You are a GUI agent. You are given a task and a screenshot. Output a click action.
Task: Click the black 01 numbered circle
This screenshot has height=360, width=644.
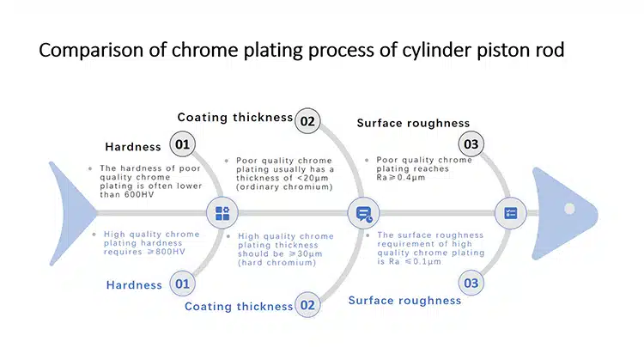[x=182, y=144]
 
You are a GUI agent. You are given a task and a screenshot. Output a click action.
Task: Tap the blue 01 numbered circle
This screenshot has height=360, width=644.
[x=182, y=284]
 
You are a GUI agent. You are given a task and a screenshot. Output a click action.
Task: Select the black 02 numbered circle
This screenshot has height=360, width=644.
[x=307, y=121]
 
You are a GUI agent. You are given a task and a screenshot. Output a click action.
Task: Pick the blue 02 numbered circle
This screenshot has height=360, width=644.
[x=307, y=305]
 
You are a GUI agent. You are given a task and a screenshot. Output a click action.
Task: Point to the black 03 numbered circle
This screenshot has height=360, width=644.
[x=471, y=144]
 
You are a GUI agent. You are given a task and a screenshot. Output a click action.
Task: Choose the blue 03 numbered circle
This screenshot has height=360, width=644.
[x=471, y=284]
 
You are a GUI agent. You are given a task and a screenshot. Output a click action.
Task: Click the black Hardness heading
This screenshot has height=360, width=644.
[x=133, y=147]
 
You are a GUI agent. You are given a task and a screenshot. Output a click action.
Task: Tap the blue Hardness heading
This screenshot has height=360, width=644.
[x=134, y=285]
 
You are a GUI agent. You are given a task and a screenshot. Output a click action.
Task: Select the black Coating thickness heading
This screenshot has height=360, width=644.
[x=235, y=118]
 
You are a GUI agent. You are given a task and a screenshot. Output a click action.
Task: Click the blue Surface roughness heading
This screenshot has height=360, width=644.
[x=405, y=301]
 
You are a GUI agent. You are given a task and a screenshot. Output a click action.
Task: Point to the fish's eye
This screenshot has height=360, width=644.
[x=569, y=209]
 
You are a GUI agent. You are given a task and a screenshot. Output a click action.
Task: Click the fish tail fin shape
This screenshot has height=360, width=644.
[x=72, y=213]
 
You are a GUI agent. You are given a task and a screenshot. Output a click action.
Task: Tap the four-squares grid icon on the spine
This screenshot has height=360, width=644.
[x=222, y=213]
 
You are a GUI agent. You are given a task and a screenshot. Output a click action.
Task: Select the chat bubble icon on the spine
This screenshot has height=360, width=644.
[x=364, y=214]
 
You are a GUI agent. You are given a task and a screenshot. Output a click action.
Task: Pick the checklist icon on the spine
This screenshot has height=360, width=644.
[x=511, y=213]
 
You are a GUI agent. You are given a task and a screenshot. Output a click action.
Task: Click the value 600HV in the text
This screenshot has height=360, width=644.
[x=139, y=195]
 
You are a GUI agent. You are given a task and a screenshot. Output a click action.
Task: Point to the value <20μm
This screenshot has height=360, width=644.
[x=313, y=179]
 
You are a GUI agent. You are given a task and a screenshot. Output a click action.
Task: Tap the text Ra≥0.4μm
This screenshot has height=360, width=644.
[x=401, y=178]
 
